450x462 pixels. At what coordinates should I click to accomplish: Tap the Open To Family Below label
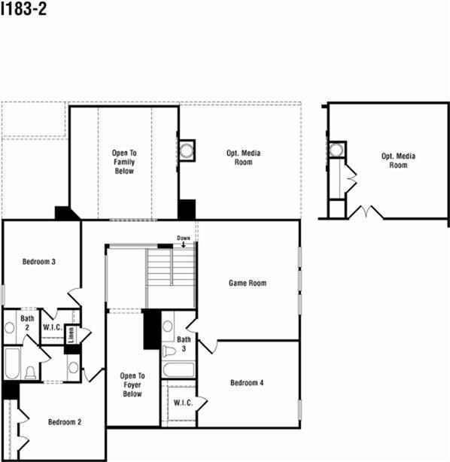124,162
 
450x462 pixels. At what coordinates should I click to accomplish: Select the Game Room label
248,283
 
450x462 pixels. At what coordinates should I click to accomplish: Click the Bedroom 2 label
65,421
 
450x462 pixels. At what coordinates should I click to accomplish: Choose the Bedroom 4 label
247,382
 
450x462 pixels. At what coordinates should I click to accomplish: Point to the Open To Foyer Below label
132,384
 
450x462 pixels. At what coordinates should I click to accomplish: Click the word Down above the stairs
183,238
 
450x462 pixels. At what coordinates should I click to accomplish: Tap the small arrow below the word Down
183,245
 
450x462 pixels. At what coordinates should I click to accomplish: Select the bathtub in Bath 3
178,370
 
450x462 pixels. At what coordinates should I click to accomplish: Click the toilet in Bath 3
169,350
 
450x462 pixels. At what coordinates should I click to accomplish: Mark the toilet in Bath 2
31,372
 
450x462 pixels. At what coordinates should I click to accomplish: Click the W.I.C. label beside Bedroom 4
183,403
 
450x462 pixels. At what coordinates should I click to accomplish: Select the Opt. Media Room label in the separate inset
399,160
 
